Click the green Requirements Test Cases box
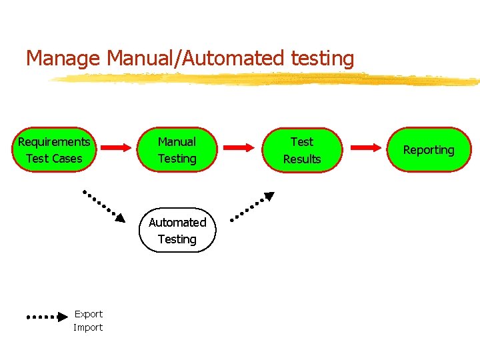coord(54,150)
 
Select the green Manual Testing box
coord(177,150)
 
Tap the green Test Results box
coord(302,150)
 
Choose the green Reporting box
coord(429,150)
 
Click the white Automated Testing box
coord(177,231)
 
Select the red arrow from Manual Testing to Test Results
coord(239,147)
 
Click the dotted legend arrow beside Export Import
coord(47,317)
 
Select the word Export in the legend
coord(88,314)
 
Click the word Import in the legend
coord(88,327)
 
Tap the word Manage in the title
coord(63,59)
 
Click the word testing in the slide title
coord(323,59)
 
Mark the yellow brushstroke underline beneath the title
coord(267,79)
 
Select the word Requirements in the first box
coord(54,142)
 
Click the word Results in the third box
coord(302,159)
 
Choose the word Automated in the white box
coord(177,223)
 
